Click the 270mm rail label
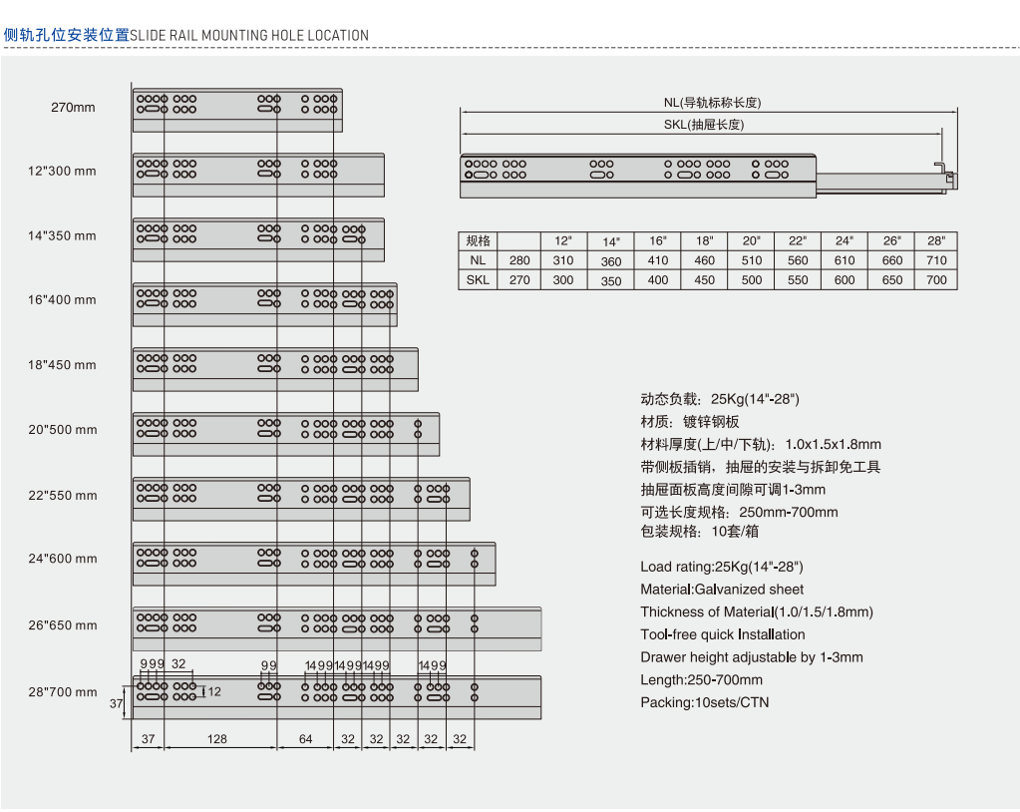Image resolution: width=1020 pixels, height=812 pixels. (x=73, y=108)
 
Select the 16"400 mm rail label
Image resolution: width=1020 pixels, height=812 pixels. (x=62, y=300)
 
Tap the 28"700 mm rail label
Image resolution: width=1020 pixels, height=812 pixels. (x=63, y=692)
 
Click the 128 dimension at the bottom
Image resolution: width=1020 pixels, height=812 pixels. (x=216, y=739)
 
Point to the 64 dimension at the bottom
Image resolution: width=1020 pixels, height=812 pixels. (x=305, y=739)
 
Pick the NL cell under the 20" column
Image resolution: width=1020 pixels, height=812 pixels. (x=752, y=260)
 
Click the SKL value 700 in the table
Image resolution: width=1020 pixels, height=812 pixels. (x=936, y=279)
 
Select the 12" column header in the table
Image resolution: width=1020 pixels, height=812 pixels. (x=563, y=240)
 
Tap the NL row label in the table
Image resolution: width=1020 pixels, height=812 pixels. (x=478, y=260)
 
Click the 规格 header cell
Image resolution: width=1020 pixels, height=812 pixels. (x=478, y=240)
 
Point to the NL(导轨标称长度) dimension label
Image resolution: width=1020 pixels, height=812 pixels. (x=712, y=102)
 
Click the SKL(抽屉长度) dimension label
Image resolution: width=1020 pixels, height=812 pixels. (x=704, y=125)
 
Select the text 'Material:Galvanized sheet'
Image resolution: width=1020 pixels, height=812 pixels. (x=722, y=590)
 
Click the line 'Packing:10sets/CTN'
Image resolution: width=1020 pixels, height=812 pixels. (x=705, y=702)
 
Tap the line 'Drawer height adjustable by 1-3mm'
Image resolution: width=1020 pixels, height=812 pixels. (x=752, y=657)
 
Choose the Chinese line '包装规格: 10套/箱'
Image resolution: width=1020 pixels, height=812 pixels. (x=699, y=532)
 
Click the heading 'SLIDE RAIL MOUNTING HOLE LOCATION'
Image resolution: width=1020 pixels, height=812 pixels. (x=249, y=35)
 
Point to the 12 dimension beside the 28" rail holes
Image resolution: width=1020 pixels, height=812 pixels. (x=214, y=691)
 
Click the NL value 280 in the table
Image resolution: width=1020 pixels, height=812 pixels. (x=519, y=260)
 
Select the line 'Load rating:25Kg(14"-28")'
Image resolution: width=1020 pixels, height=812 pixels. (x=722, y=567)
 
